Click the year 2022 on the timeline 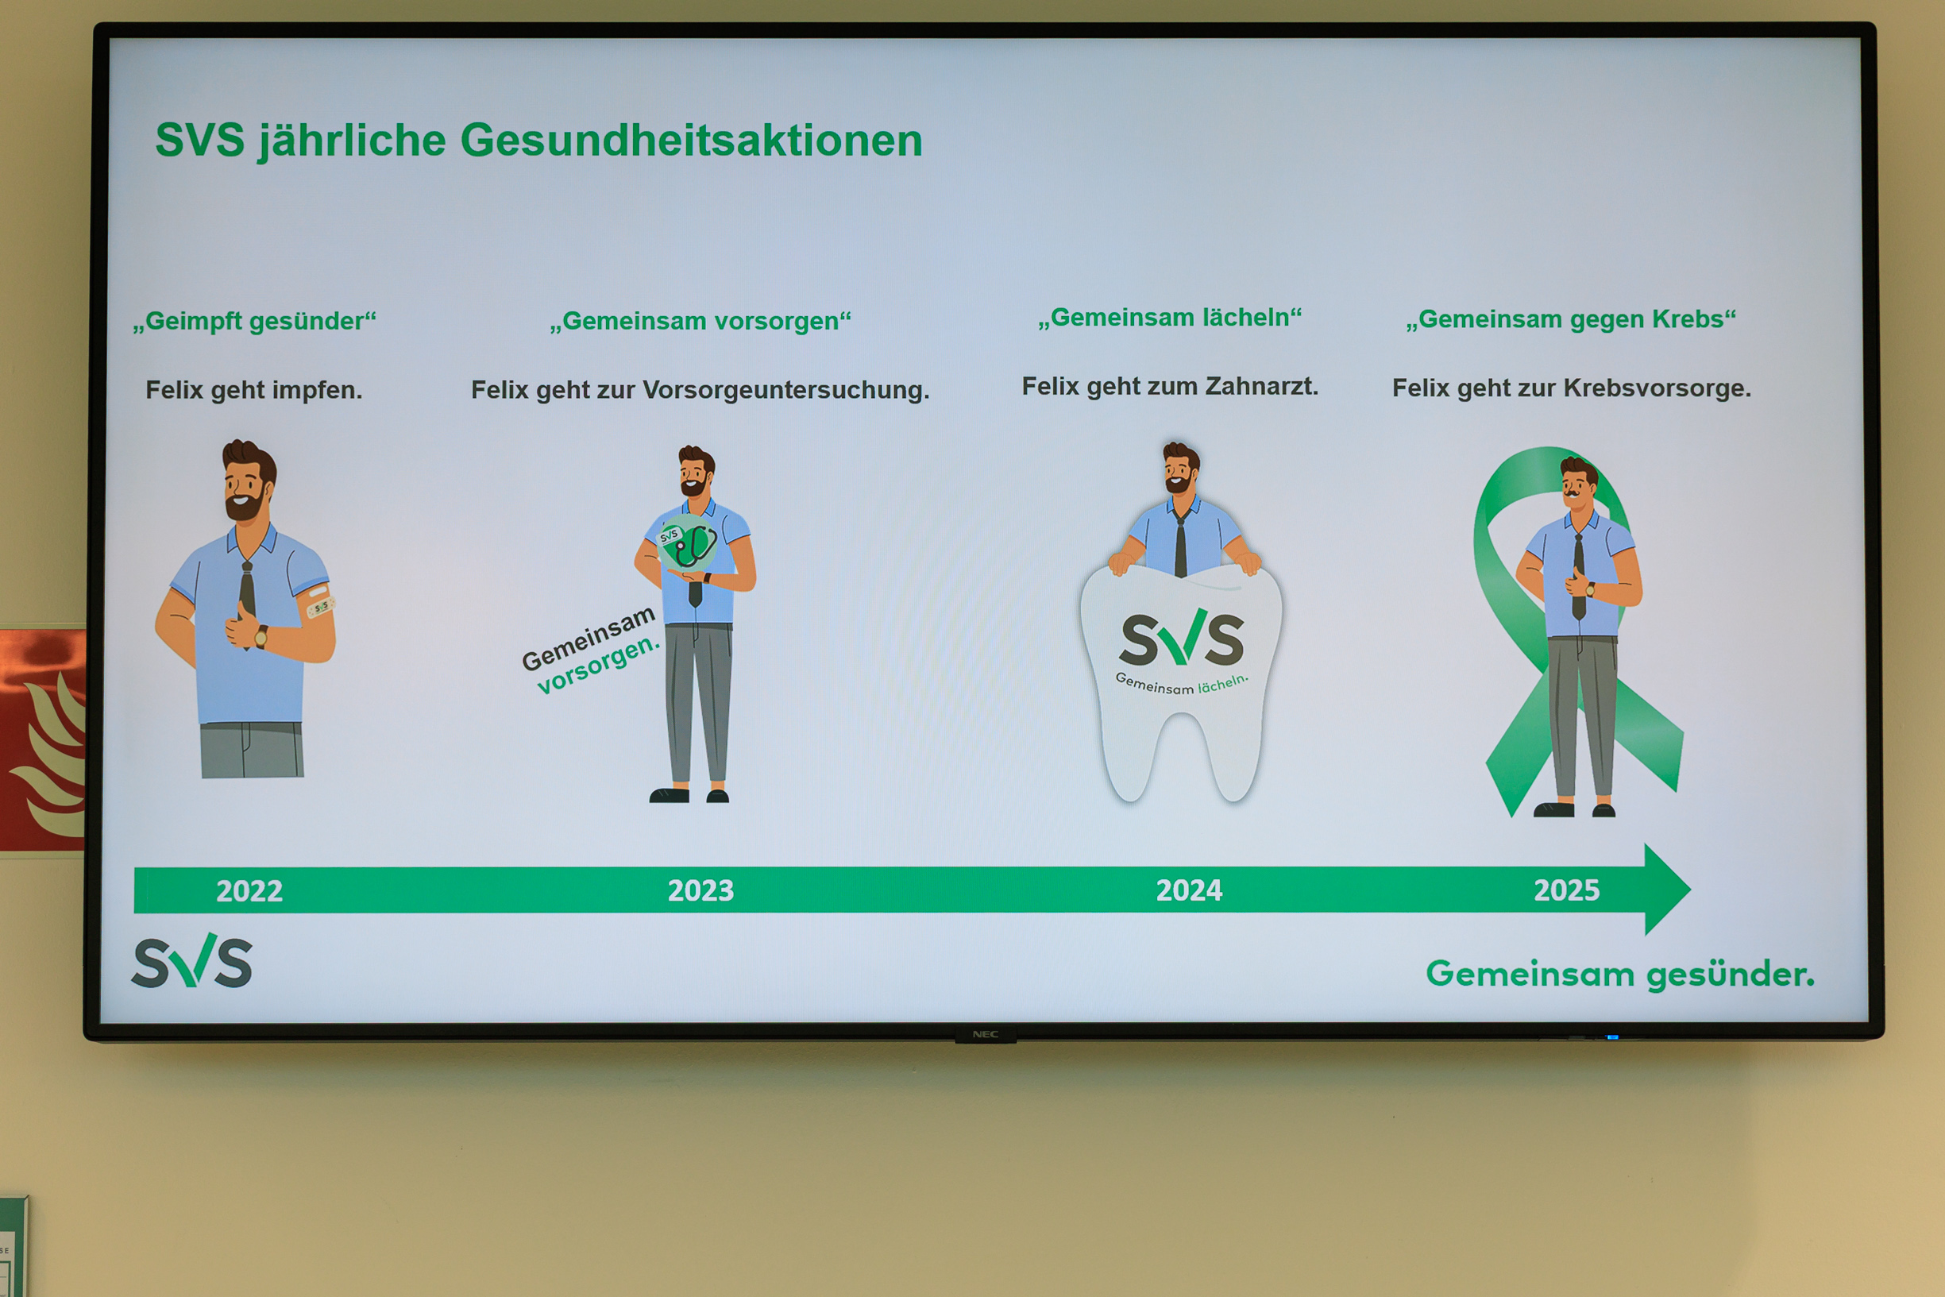(x=249, y=891)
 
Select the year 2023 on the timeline (x=700, y=890)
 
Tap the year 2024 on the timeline (x=1188, y=890)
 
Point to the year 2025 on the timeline (x=1566, y=890)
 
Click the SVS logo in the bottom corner (x=192, y=961)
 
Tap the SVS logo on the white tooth (x=1182, y=639)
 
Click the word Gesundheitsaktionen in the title (x=691, y=140)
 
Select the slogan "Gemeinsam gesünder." (x=1620, y=975)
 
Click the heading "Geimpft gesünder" (x=255, y=321)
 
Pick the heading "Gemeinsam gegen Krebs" (x=1570, y=319)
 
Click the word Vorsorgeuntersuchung (x=785, y=390)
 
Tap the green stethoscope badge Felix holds (x=688, y=542)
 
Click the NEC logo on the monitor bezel (x=985, y=1035)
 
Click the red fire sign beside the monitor (x=42, y=739)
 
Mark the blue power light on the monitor (x=1611, y=1036)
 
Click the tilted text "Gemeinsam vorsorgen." (x=590, y=650)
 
